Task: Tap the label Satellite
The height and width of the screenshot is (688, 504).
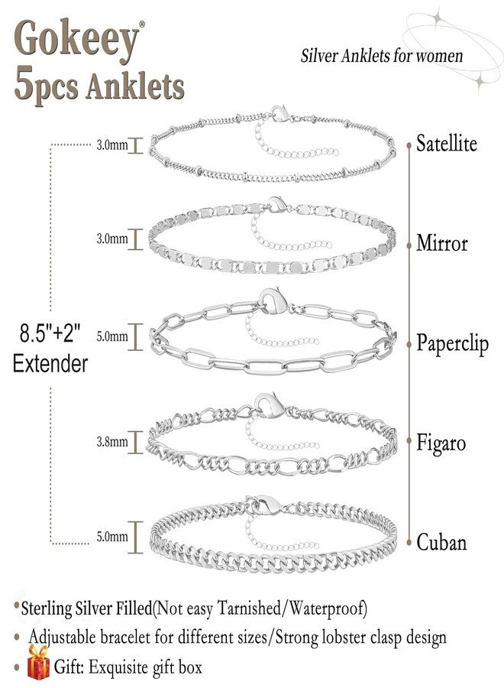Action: coord(446,144)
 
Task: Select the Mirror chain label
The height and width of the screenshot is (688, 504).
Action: coord(442,243)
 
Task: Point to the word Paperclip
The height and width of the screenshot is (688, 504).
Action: coord(452,343)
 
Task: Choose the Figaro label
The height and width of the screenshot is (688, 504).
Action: coord(441,443)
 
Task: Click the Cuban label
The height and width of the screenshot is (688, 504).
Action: coord(441,542)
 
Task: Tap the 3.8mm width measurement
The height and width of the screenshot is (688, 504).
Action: coord(112,441)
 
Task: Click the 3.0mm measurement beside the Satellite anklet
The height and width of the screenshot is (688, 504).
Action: coord(112,144)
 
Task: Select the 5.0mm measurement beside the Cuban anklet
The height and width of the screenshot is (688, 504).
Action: coord(112,536)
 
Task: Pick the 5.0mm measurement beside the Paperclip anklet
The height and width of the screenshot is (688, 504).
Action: coord(112,336)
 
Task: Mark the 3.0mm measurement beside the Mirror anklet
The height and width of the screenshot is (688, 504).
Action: coord(112,239)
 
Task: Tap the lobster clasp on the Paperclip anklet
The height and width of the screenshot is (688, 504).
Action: coord(273,300)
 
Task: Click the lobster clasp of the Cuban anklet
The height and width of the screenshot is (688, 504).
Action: coord(265,505)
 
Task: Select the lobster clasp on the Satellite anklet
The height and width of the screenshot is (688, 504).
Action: coord(280,113)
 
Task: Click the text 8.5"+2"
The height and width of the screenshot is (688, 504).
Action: coord(50,333)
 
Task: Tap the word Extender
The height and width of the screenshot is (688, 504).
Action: coord(50,364)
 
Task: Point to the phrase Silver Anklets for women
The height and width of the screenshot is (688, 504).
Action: coord(381,56)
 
